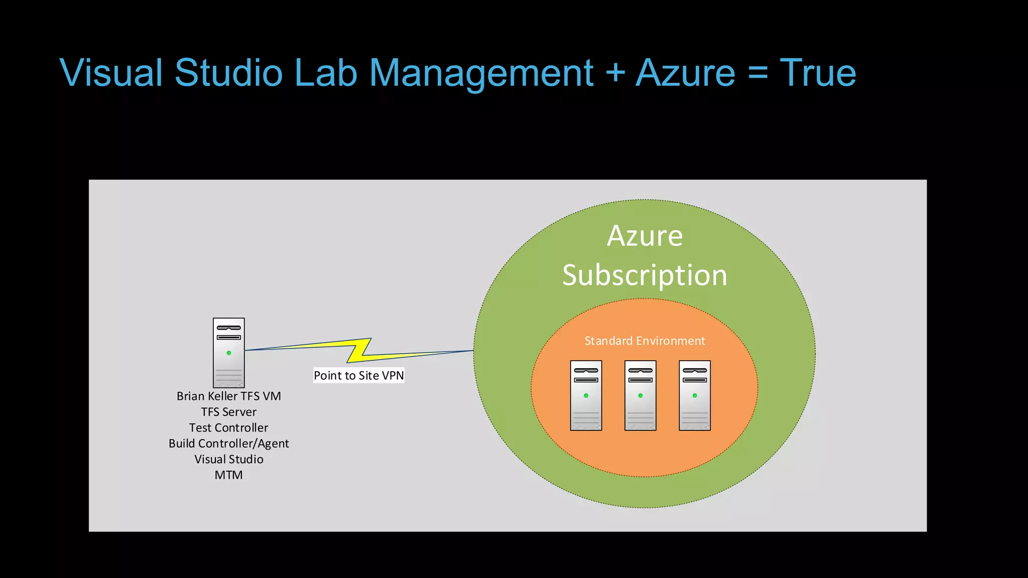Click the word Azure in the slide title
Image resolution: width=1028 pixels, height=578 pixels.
pyautogui.click(x=685, y=73)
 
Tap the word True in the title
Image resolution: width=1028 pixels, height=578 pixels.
pyautogui.click(x=818, y=73)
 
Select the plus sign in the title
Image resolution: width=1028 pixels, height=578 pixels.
pyautogui.click(x=615, y=73)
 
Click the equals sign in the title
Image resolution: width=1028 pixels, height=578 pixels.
pyautogui.click(x=757, y=73)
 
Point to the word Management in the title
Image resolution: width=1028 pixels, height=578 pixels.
pyautogui.click(x=481, y=73)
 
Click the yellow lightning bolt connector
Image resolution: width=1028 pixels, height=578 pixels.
pyautogui.click(x=359, y=350)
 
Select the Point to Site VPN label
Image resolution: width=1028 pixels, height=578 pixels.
pyautogui.click(x=358, y=375)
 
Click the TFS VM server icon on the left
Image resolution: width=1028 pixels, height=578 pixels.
pyautogui.click(x=228, y=352)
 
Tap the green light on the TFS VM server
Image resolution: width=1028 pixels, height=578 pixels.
pyautogui.click(x=229, y=353)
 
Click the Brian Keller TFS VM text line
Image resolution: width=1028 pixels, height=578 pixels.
pyautogui.click(x=228, y=396)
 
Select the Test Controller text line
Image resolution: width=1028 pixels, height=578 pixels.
pyautogui.click(x=228, y=427)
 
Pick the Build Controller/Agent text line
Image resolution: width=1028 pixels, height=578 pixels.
pyautogui.click(x=228, y=444)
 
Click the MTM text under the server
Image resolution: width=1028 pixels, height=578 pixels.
pyautogui.click(x=228, y=475)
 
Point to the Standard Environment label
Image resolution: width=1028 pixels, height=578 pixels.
pyautogui.click(x=645, y=341)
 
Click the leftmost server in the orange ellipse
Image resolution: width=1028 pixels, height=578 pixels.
pyautogui.click(x=586, y=395)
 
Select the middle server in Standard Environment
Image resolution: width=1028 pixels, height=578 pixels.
pyautogui.click(x=640, y=395)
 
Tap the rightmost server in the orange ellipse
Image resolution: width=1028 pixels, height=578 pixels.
pyautogui.click(x=695, y=395)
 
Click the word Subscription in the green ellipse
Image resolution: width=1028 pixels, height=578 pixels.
pyautogui.click(x=645, y=275)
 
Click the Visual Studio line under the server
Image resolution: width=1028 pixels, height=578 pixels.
pyautogui.click(x=228, y=459)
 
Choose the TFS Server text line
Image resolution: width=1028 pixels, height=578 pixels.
pyautogui.click(x=228, y=412)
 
